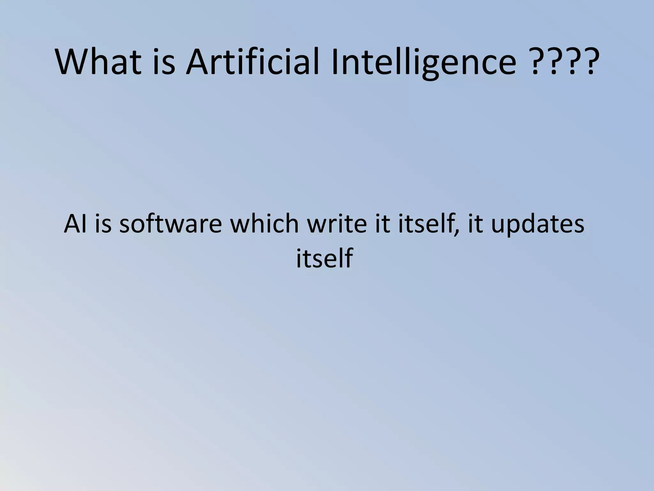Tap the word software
tap(171, 224)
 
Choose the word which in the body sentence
tap(264, 224)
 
